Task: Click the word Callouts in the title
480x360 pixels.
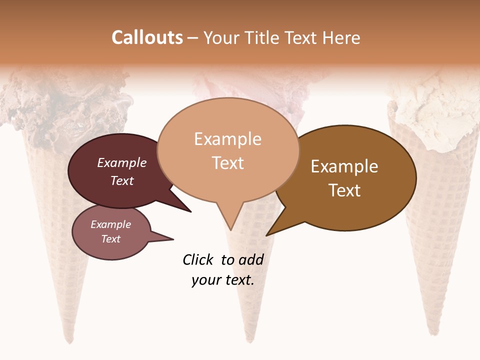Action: tap(147, 37)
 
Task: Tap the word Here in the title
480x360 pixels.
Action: tap(341, 37)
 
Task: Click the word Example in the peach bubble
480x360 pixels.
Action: tap(227, 139)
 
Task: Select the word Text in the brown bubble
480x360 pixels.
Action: tap(344, 190)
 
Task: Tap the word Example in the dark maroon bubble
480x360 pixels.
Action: tap(121, 163)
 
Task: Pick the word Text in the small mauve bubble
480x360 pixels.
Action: tap(110, 239)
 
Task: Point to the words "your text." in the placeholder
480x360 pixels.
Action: tap(222, 280)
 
